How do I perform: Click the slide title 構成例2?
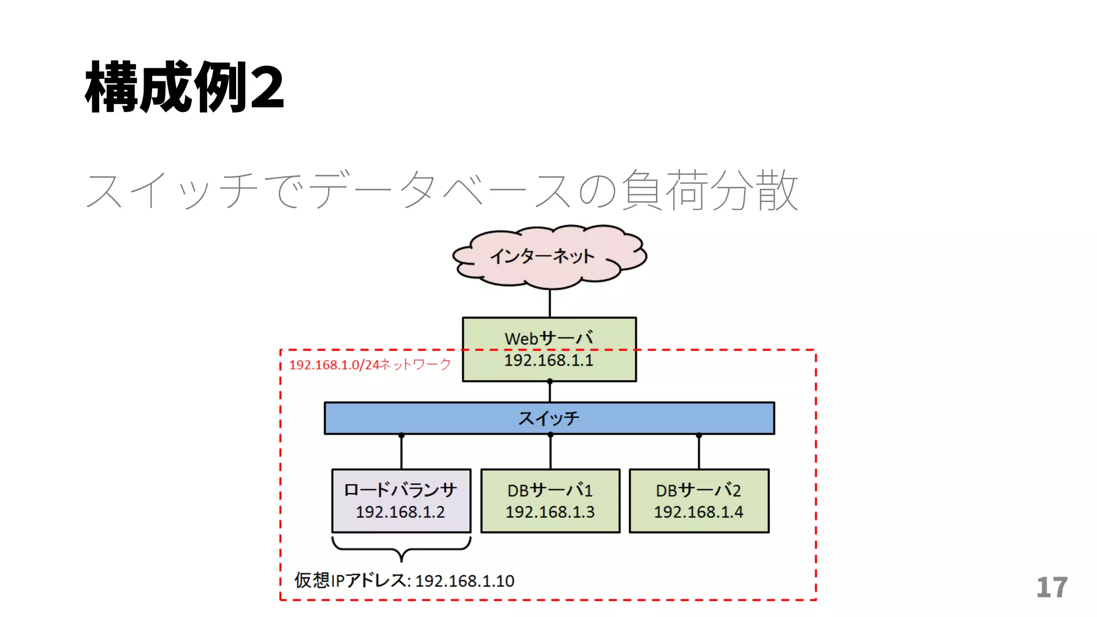185,87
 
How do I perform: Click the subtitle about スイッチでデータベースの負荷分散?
442,190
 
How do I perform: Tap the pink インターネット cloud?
549,256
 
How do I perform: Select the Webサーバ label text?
549,338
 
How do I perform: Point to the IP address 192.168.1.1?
549,360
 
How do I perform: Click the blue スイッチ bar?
549,418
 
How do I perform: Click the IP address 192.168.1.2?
400,512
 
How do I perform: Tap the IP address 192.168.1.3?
550,512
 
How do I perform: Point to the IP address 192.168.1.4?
698,512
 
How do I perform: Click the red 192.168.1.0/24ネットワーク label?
370,365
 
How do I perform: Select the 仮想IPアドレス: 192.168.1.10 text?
404,581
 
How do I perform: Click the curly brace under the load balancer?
401,550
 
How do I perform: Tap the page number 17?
1051,588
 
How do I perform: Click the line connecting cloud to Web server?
550,303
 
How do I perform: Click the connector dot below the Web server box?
550,381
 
